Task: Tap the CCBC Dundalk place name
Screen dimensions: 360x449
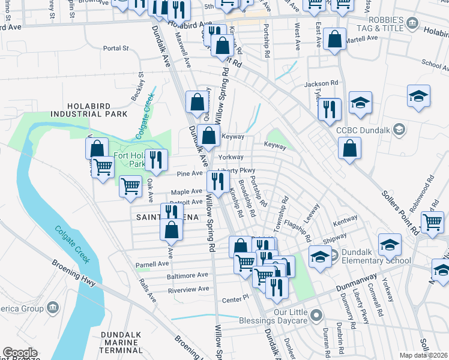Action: pos(363,130)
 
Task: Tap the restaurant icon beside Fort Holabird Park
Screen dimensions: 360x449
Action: pos(156,160)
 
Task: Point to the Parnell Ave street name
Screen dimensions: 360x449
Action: pos(152,264)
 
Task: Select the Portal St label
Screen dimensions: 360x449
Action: pos(116,48)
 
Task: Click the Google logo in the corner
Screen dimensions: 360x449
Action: pos(20,353)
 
